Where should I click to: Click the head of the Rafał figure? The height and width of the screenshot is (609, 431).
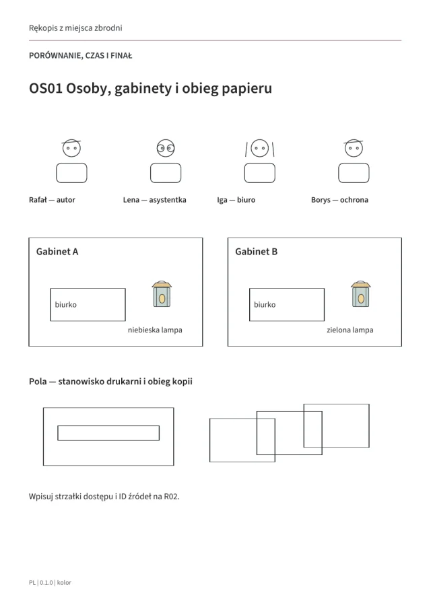click(71, 148)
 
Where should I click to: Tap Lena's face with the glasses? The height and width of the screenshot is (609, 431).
click(166, 148)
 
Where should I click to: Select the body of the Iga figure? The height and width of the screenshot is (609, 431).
click(260, 173)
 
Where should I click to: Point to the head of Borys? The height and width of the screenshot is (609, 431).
click(354, 148)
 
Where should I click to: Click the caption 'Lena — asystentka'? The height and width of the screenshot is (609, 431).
click(155, 200)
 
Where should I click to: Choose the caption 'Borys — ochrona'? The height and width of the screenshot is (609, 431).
click(339, 200)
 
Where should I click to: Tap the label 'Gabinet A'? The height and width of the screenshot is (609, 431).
click(57, 252)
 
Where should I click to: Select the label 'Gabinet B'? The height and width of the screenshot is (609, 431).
click(257, 252)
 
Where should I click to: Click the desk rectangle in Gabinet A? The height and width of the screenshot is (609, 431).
click(88, 304)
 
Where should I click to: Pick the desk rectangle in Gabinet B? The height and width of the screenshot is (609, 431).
click(287, 304)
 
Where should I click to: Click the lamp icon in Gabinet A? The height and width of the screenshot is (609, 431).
click(162, 294)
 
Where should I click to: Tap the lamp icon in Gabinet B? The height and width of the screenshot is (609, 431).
click(361, 294)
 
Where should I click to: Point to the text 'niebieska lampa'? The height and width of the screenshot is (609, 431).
click(155, 330)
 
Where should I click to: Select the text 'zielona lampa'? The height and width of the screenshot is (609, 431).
click(350, 330)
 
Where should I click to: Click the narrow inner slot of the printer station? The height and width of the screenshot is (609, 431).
click(108, 433)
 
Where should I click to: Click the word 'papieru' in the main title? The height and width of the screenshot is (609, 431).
click(246, 89)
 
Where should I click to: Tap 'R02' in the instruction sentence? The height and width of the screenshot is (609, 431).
click(171, 497)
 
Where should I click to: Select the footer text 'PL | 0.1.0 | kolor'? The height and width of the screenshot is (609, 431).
click(50, 583)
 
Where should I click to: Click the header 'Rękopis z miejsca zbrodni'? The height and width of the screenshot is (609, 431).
click(75, 28)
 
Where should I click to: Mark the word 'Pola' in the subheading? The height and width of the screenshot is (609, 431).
click(38, 382)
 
